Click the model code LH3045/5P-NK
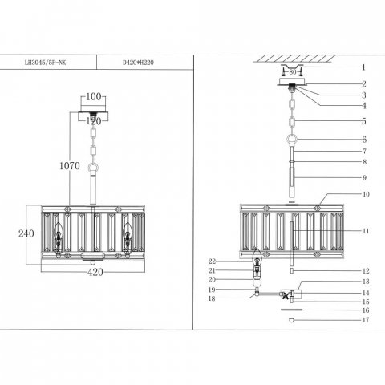[45, 63]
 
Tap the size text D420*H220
[138, 63]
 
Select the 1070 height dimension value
[70, 166]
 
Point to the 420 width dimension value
[95, 272]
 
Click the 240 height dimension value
[26, 233]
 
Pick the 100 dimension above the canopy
[94, 96]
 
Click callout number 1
[363, 67]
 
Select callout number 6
[364, 140]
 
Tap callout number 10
[366, 194]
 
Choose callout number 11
[366, 231]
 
